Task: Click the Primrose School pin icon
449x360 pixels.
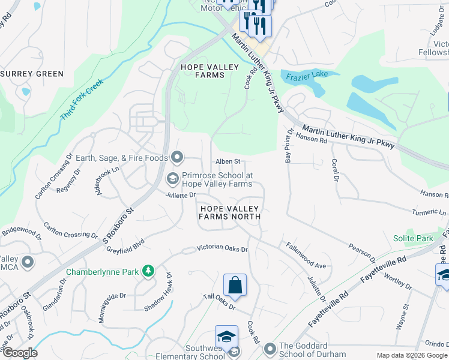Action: click(172, 179)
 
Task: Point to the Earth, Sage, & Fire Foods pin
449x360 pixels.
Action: click(177, 158)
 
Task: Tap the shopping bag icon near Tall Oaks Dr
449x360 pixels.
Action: click(235, 285)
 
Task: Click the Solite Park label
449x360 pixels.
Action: click(414, 239)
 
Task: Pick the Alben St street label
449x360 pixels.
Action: click(228, 161)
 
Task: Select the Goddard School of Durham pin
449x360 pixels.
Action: click(270, 349)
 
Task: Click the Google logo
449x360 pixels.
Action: click(19, 353)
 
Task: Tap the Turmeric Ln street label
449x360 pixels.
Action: click(429, 213)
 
